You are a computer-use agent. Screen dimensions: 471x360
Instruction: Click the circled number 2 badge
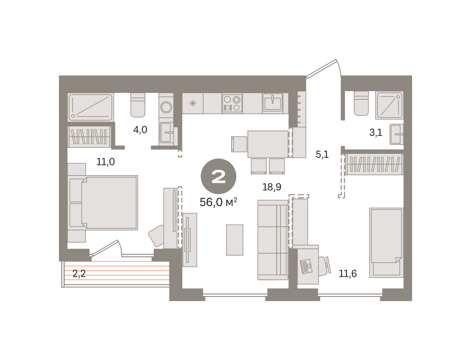218,176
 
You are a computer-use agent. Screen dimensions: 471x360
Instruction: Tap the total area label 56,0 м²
218,202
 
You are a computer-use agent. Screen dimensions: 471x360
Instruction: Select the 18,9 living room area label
272,187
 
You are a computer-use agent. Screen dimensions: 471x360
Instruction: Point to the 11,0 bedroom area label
105,162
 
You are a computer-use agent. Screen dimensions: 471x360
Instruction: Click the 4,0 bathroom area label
140,130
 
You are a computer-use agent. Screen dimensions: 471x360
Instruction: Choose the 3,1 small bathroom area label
376,133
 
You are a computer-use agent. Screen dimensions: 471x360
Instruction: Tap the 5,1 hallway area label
322,154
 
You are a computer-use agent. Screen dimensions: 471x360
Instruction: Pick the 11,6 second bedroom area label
348,274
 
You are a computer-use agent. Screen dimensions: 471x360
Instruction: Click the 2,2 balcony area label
79,274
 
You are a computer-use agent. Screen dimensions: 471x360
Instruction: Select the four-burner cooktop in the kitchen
232,103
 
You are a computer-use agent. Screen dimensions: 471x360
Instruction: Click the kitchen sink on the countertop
272,103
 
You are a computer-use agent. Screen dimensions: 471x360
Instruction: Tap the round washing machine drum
166,107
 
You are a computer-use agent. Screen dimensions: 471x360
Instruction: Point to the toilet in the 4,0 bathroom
138,105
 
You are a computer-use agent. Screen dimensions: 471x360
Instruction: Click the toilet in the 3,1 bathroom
361,103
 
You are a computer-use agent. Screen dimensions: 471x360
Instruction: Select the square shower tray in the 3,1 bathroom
389,105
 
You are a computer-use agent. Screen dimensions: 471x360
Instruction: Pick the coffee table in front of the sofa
235,240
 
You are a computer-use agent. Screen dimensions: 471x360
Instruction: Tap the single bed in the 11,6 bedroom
386,243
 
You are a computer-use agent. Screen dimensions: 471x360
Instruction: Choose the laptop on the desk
306,266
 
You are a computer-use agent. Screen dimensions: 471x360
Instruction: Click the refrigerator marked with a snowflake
192,103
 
